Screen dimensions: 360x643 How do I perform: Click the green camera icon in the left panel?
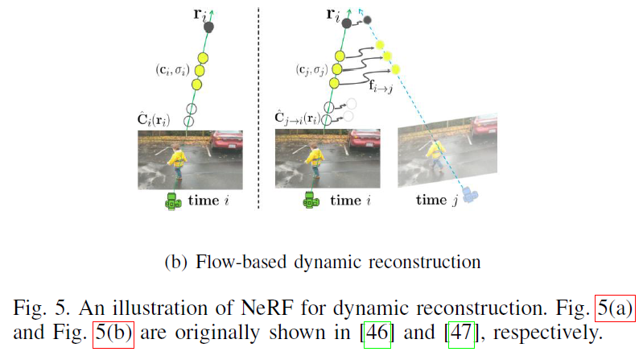[x=171, y=203]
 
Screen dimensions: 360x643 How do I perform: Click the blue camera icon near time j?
[x=473, y=193]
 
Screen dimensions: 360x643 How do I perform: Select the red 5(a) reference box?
[x=616, y=307]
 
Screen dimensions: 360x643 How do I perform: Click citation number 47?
[x=461, y=332]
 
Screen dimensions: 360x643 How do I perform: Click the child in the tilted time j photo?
[x=435, y=152]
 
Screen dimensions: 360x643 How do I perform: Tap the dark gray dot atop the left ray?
[x=209, y=27]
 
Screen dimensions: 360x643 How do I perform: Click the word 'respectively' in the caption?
[x=542, y=332]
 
